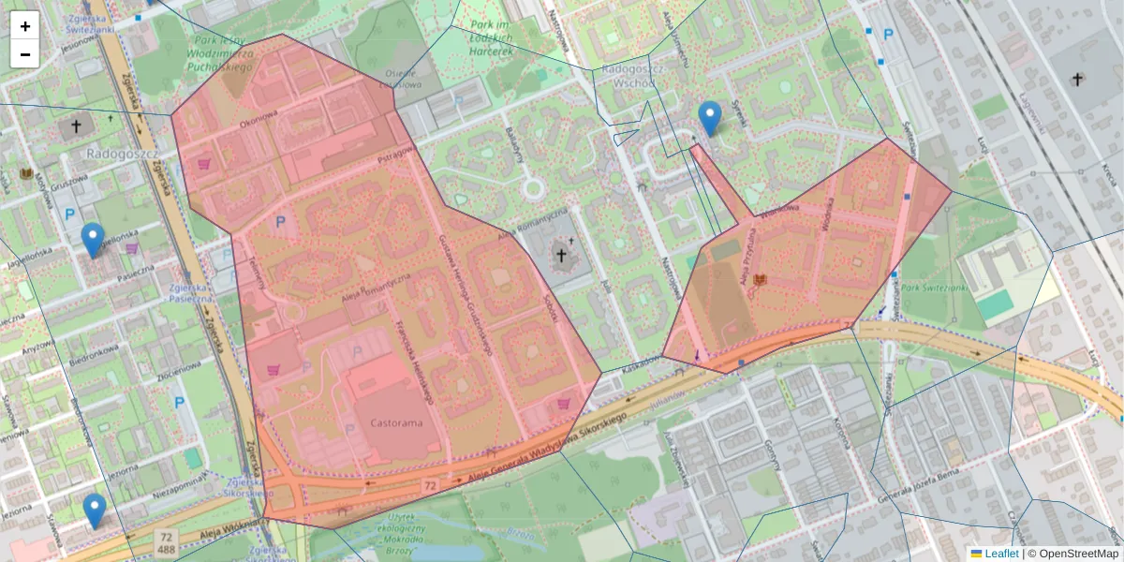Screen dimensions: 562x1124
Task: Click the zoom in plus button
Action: (25, 26)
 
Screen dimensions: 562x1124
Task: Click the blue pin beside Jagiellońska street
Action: (92, 240)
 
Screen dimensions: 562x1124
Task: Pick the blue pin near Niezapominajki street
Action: (94, 510)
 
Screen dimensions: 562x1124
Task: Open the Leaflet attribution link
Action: (1000, 554)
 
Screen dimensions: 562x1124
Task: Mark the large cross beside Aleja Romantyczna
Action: (562, 255)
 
